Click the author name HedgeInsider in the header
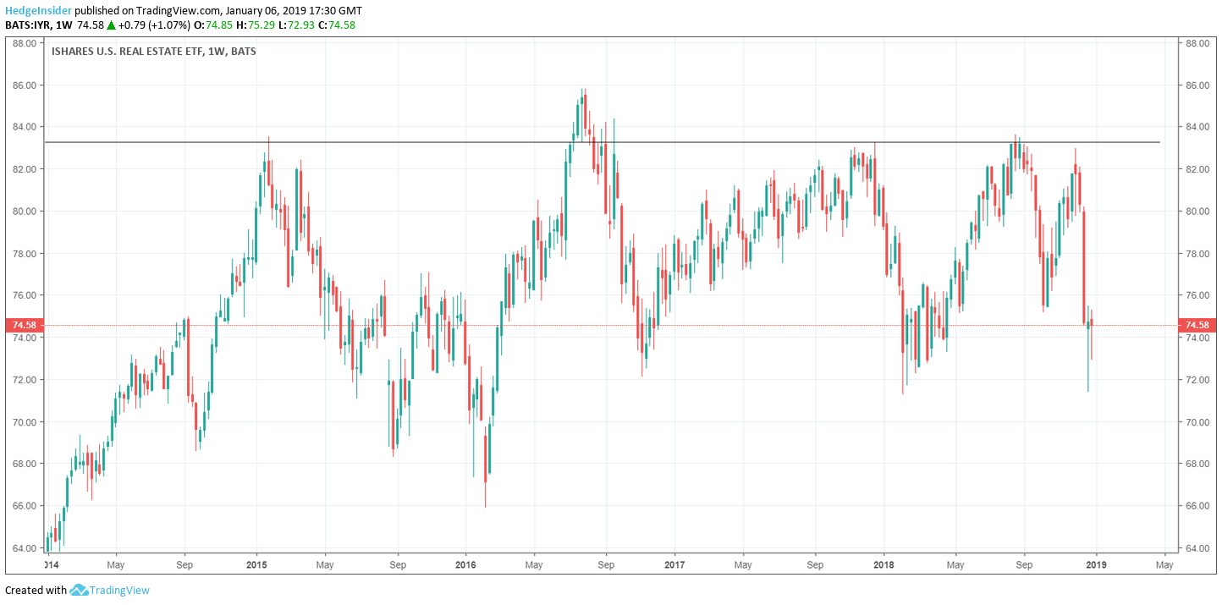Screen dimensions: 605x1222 38,11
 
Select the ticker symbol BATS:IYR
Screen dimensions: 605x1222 27,25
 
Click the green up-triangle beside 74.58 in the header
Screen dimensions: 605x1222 111,25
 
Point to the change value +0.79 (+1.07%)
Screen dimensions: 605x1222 153,25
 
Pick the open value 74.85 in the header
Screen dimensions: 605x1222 219,25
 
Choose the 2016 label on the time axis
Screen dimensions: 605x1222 465,564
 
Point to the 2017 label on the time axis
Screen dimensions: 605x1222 674,564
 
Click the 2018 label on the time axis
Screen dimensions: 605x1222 883,564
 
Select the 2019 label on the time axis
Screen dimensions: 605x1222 1095,564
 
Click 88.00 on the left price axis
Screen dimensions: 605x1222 22,43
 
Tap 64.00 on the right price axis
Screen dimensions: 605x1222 1197,548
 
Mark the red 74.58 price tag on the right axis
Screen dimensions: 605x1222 1197,325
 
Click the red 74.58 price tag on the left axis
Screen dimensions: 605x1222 22,325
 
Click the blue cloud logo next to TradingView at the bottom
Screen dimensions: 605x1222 79,590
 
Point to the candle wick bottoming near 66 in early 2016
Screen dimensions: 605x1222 485,499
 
